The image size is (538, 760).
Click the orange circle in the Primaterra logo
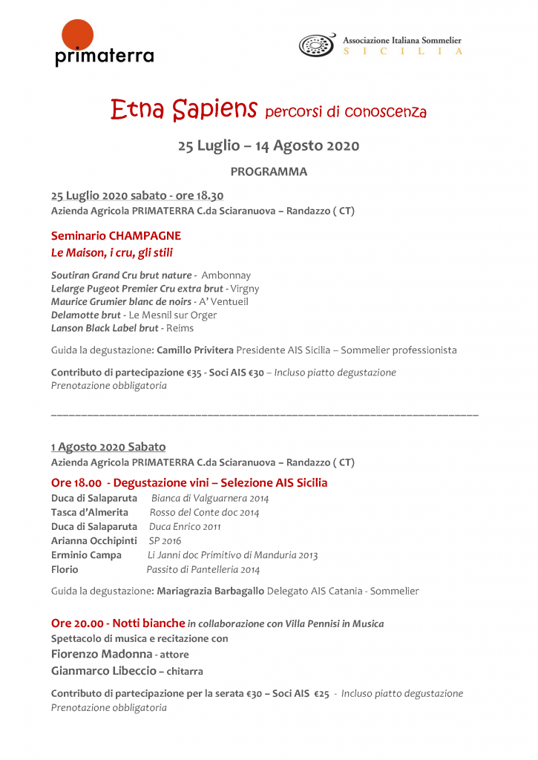[77, 35]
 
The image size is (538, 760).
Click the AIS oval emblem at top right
[317, 45]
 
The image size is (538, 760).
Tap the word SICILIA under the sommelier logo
[402, 51]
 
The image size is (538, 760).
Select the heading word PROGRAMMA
[269, 171]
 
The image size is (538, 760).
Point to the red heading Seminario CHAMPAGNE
[116, 236]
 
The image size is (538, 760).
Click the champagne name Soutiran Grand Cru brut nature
[122, 275]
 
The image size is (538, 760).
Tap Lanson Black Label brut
[105, 327]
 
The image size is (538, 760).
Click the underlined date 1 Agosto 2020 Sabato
[108, 447]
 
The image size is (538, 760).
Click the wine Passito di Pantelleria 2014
[203, 570]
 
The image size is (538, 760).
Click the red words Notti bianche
[148, 623]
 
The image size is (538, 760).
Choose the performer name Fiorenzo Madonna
[101, 654]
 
